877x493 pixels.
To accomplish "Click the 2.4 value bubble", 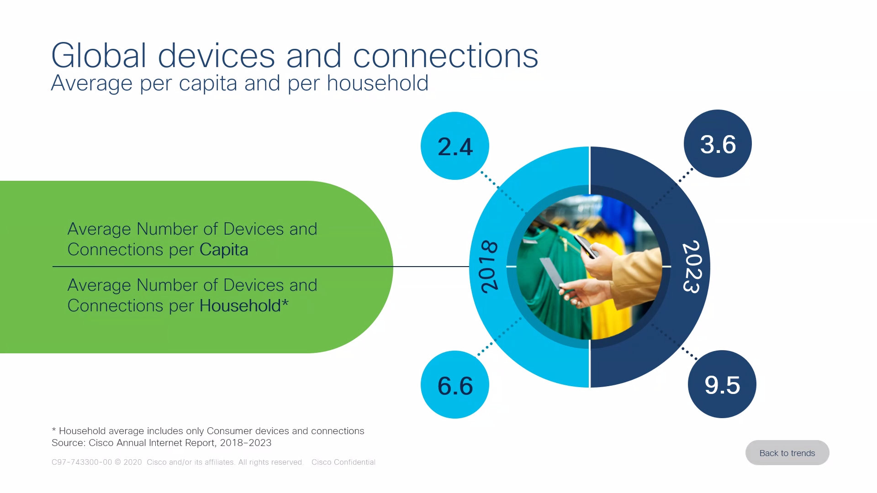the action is point(455,146).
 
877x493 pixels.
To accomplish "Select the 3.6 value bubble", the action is point(718,143).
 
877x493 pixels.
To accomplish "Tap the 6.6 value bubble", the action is point(455,384).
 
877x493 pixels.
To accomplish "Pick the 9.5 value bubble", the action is point(722,384).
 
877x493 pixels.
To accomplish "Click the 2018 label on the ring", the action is point(489,266).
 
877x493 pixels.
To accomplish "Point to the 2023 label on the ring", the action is point(691,267).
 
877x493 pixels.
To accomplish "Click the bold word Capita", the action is point(224,250).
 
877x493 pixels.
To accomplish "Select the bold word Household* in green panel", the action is point(244,305).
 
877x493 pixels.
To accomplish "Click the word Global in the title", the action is point(99,56).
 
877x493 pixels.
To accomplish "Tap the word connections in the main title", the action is point(446,56).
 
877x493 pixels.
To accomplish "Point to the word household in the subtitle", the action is point(378,83).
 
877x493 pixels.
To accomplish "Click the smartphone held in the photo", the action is point(586,246).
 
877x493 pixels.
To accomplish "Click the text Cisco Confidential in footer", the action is point(343,462).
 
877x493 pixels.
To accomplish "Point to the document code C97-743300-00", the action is point(82,462).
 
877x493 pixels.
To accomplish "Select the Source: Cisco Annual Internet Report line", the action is point(162,443).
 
